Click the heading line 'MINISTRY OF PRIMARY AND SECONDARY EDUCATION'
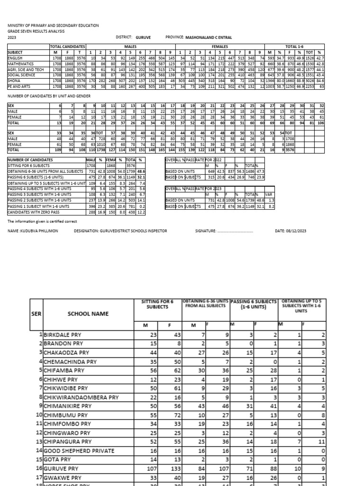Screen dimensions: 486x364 (53, 25)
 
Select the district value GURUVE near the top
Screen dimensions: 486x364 (144, 37)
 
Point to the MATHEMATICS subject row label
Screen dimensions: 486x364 (20, 63)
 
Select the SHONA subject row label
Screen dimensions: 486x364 (15, 81)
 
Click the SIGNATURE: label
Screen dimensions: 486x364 (205, 231)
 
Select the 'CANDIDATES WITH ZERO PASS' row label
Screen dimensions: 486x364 (32, 212)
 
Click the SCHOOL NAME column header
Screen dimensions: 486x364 (88, 314)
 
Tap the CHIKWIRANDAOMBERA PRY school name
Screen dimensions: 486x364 (81, 397)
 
